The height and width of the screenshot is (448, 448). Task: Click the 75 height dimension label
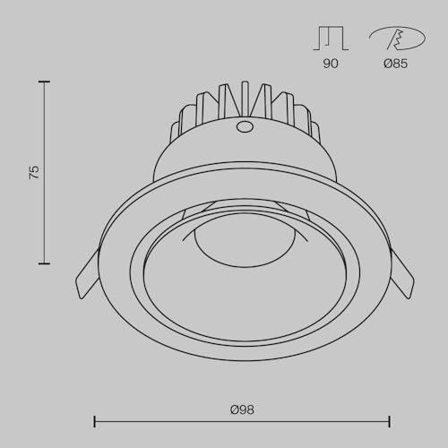(x=34, y=172)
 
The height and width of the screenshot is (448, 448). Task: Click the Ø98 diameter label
(x=242, y=409)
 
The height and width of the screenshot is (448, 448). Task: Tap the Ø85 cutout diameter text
(x=396, y=64)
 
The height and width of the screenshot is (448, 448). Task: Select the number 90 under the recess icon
(x=331, y=64)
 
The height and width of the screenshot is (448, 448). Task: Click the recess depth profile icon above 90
(x=331, y=38)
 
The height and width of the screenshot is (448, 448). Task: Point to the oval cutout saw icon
(x=397, y=39)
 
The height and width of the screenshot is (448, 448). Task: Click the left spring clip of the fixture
(x=88, y=274)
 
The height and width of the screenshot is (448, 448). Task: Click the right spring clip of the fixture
(x=401, y=274)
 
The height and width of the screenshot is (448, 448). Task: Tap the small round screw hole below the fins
(x=245, y=126)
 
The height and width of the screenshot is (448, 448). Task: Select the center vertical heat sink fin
(x=246, y=99)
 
